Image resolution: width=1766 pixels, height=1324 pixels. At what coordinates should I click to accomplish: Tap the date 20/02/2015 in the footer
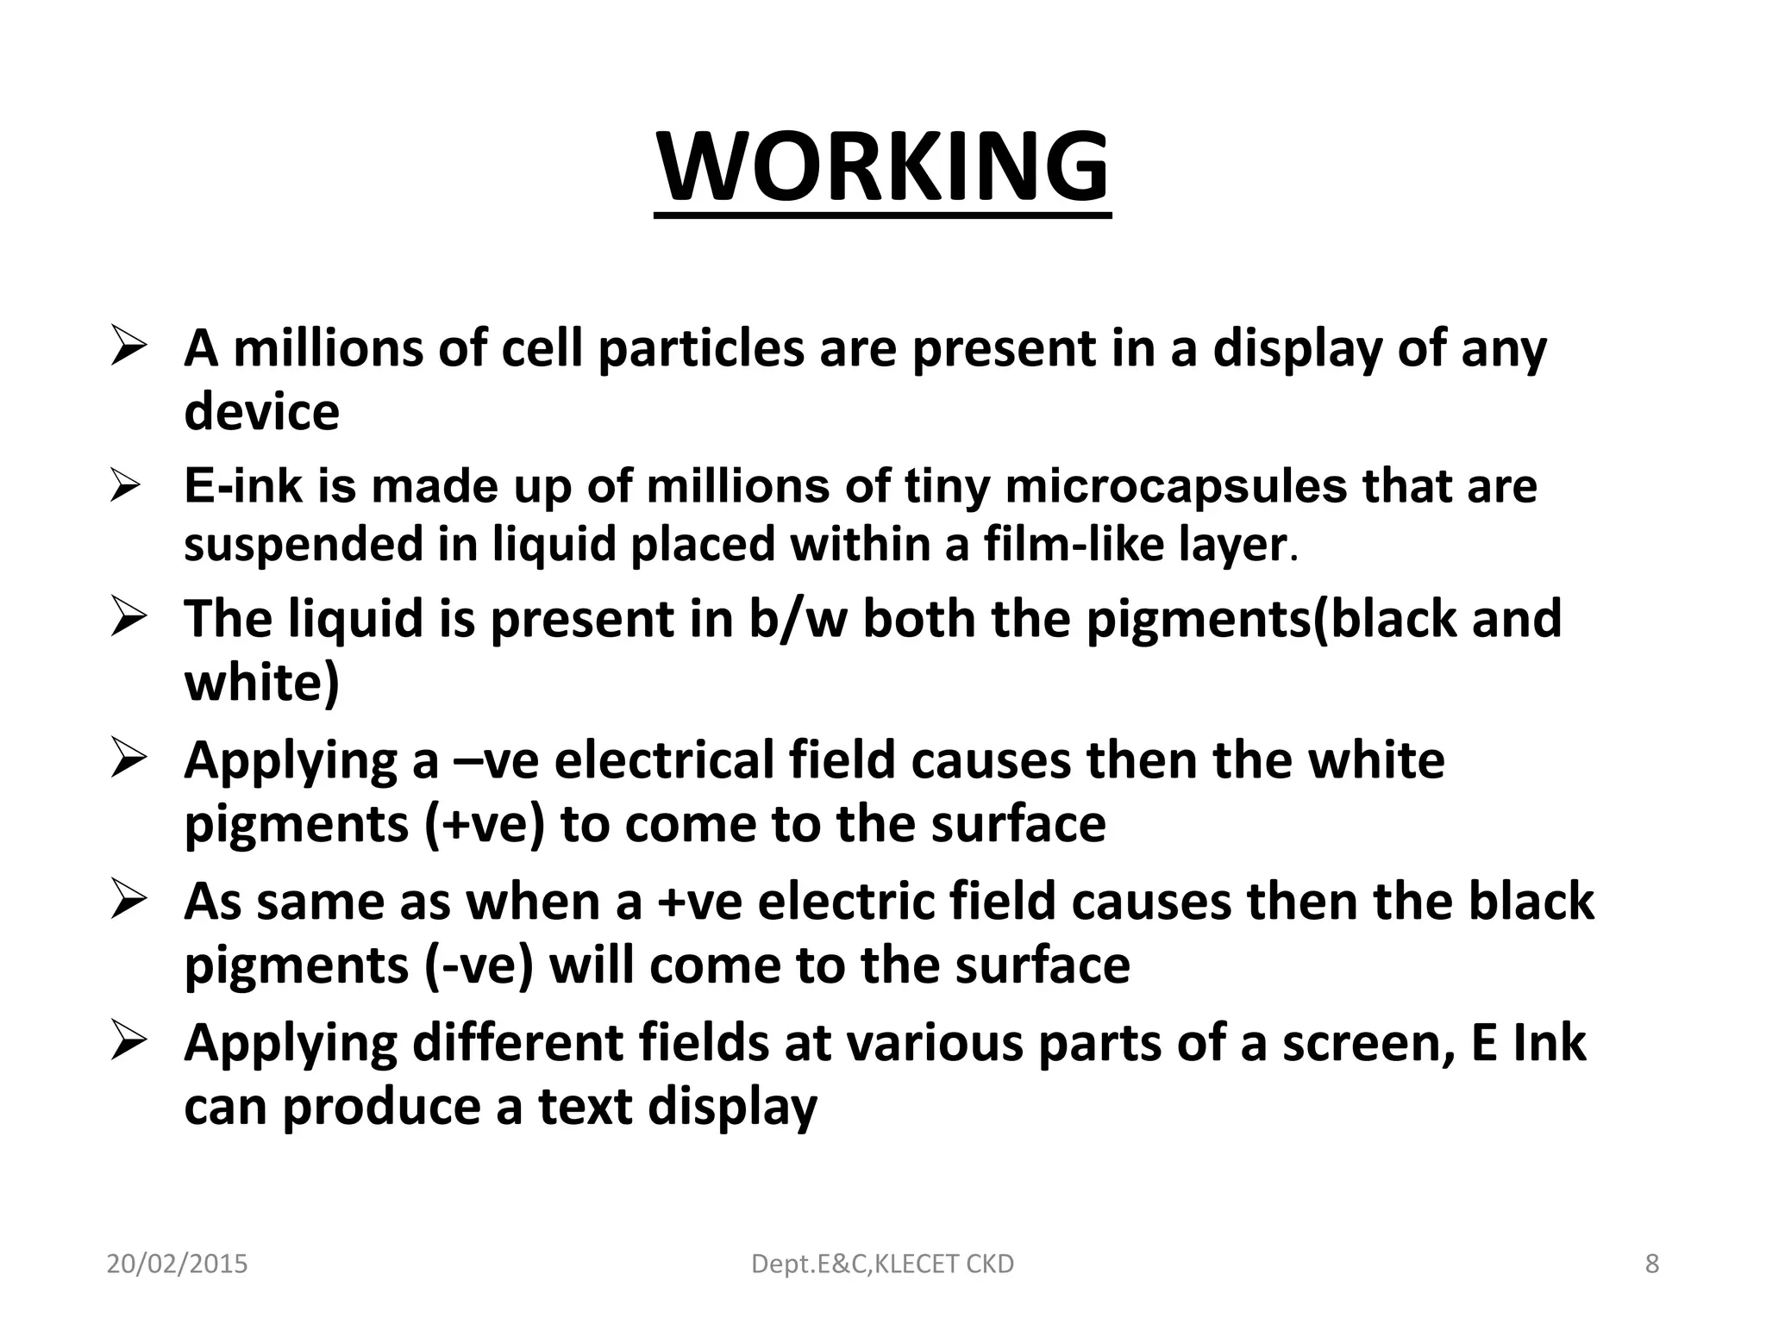pyautogui.click(x=177, y=1264)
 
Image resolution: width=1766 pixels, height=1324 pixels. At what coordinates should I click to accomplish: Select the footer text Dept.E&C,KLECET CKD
pyautogui.click(x=882, y=1264)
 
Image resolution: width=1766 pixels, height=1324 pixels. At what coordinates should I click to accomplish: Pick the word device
pyautogui.click(x=261, y=411)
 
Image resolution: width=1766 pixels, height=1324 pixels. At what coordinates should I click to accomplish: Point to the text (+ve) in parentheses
pyautogui.click(x=485, y=824)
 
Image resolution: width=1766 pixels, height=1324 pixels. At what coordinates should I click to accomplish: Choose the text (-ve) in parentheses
pyautogui.click(x=479, y=965)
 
